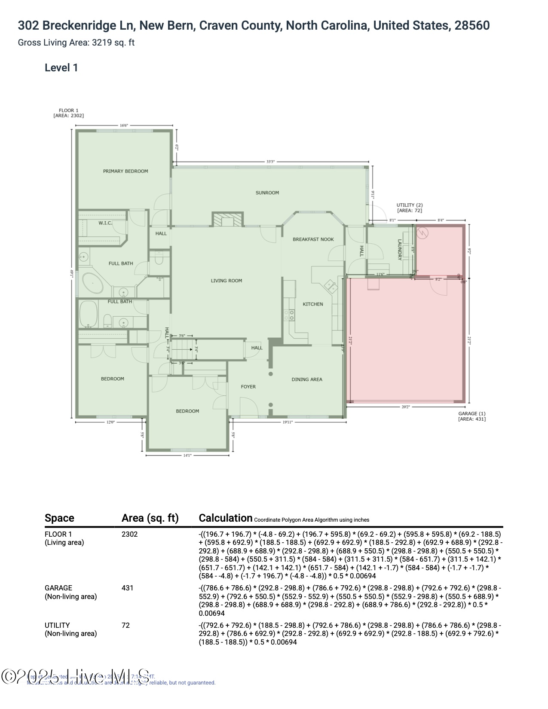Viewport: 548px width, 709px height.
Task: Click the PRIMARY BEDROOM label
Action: (x=125, y=171)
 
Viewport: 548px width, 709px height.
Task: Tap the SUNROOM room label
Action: (x=267, y=193)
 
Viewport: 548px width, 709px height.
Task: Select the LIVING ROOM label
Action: (x=226, y=281)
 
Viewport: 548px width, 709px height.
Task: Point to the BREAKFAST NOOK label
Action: (x=313, y=239)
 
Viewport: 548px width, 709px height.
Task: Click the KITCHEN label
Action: (x=313, y=304)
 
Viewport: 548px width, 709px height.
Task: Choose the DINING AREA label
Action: (x=306, y=379)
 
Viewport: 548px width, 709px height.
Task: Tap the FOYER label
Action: (x=248, y=387)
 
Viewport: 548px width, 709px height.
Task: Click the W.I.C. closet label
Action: (x=105, y=223)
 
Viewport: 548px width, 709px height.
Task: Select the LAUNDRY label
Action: (x=399, y=250)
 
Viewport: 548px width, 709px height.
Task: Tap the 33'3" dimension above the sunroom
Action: (x=270, y=162)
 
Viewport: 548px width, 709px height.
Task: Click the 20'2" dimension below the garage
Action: (x=405, y=406)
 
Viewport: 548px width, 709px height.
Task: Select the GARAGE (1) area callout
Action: (x=471, y=416)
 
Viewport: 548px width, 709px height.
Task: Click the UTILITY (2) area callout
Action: (x=409, y=208)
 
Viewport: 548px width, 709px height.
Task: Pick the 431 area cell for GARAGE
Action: (x=127, y=588)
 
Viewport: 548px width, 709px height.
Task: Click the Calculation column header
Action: (x=225, y=518)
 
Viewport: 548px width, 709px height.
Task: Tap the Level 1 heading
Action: (x=61, y=68)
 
